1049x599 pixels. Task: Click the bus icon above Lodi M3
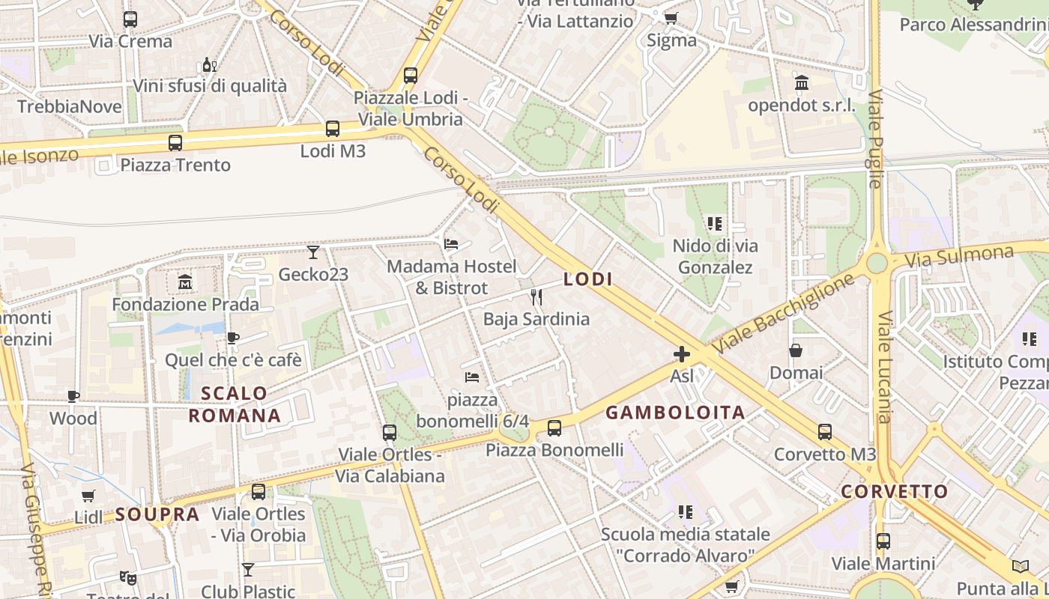[x=333, y=129]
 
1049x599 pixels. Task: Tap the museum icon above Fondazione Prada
[x=185, y=282]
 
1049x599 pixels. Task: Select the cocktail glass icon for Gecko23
[x=313, y=252]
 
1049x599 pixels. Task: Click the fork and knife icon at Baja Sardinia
[x=536, y=297]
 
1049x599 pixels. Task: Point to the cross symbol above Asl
[x=682, y=353]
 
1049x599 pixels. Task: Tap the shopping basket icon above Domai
[x=796, y=350]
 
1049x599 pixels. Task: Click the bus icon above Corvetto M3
[x=825, y=432]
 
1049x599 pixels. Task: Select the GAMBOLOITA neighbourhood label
[x=675, y=413]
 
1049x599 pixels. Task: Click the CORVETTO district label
[x=895, y=492]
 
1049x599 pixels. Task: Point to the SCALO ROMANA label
[x=235, y=404]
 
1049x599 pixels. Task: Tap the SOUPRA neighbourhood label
[x=157, y=514]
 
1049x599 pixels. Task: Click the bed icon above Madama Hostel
[x=451, y=244]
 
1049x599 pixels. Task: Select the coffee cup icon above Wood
[x=73, y=396]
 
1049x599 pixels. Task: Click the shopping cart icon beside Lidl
[x=88, y=496]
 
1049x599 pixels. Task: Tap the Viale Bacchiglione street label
[x=782, y=314]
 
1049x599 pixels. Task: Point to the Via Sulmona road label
[x=959, y=257]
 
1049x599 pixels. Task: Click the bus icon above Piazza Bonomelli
[x=554, y=428]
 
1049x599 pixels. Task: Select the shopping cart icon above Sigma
[x=671, y=18]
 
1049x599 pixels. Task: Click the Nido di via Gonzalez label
[x=715, y=256]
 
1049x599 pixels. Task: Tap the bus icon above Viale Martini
[x=883, y=541]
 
